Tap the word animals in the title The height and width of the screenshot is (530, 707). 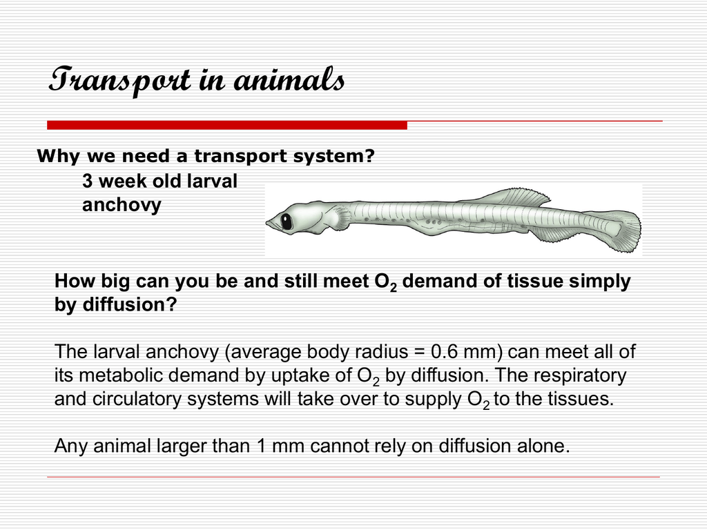tap(289, 79)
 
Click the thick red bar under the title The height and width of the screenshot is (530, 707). tap(226, 125)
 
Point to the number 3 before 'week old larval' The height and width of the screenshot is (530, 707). tap(87, 181)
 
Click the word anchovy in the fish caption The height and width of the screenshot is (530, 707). tap(122, 205)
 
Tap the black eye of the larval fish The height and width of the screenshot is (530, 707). tap(287, 222)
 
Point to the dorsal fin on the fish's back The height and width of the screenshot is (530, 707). tap(519, 197)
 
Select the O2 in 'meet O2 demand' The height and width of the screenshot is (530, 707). tap(385, 282)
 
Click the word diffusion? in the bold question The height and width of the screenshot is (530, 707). tap(129, 304)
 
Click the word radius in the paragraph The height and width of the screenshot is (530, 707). tap(381, 352)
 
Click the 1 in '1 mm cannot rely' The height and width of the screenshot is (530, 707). tap(261, 446)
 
